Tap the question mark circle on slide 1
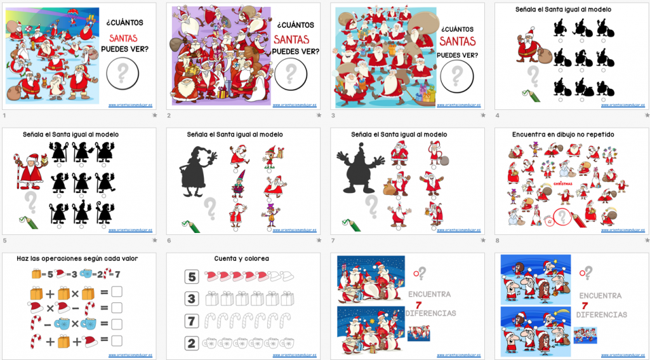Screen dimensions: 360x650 123,74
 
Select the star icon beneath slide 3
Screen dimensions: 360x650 482,116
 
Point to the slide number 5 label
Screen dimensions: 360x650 4,241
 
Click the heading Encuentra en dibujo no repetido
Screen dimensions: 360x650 563,135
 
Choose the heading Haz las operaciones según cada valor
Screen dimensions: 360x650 78,258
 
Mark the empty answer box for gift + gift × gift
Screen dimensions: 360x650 116,293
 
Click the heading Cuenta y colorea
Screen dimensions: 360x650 241,258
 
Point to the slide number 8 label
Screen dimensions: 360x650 496,241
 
